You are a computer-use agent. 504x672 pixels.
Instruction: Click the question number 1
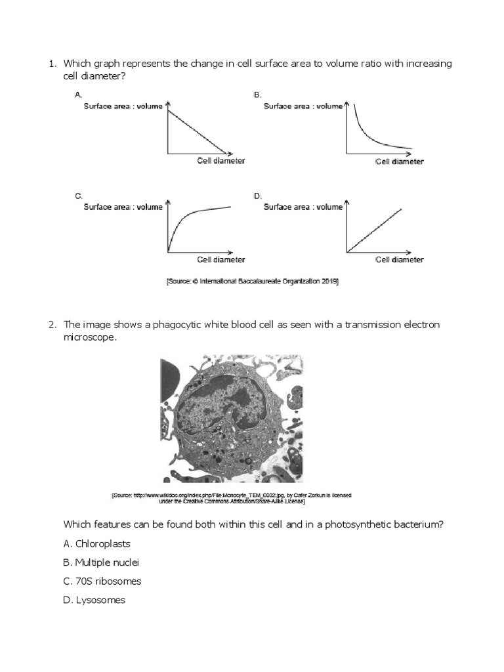pos(51,64)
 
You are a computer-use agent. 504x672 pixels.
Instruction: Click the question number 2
pos(51,324)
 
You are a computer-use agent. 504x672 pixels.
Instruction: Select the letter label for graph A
pos(78,95)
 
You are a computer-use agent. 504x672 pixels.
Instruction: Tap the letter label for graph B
pos(257,95)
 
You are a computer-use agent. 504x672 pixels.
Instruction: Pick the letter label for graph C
pos(78,196)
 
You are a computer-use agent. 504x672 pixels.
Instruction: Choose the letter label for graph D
pos(257,196)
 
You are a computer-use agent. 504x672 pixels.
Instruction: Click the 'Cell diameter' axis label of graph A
pos(220,161)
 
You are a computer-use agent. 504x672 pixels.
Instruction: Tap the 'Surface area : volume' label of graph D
pos(303,207)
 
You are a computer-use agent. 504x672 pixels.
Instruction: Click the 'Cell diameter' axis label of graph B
pos(399,162)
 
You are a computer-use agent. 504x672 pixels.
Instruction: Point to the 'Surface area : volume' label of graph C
pos(122,207)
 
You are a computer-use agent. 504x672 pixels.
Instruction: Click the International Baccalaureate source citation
pos(252,281)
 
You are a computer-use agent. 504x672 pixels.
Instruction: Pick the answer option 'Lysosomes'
pos(94,600)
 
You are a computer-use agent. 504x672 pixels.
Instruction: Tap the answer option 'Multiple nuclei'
pos(101,562)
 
